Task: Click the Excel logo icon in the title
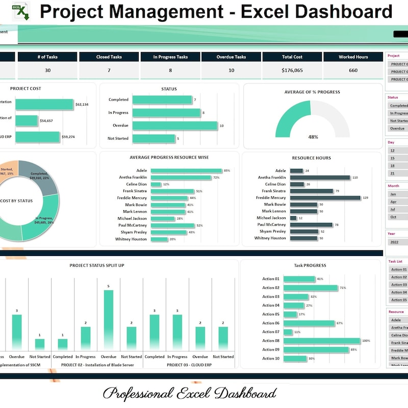21,11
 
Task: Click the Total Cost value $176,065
292,70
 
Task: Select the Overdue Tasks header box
231,57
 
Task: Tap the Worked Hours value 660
353,70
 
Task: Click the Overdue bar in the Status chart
175,125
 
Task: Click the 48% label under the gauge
313,137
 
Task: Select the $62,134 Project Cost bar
44,105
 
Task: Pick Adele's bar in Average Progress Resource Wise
187,170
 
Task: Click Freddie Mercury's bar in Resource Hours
325,197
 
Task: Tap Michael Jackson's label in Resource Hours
271,218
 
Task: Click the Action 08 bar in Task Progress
322,341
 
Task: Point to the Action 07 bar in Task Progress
288,332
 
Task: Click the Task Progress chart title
310,266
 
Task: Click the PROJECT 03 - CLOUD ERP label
189,365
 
